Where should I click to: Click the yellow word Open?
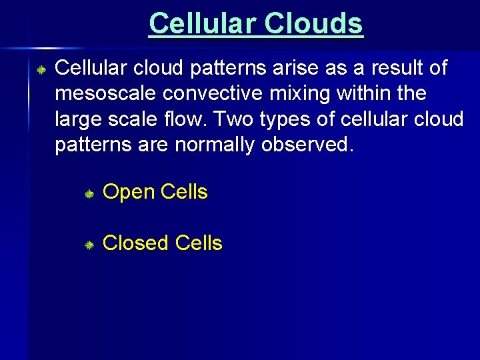coord(127,193)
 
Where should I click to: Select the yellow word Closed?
coord(136,243)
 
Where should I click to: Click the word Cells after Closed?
coord(197,243)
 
